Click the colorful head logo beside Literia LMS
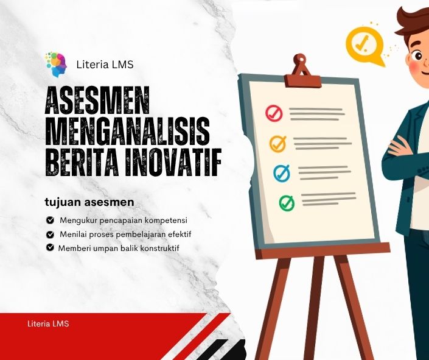point(57,65)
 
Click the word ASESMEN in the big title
point(97,101)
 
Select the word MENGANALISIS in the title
point(128,132)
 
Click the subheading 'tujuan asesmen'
point(89,202)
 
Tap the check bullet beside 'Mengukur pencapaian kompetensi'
point(50,220)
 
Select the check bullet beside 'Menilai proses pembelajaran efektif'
point(50,235)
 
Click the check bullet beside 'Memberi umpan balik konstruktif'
point(50,247)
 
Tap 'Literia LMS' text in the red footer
point(48,323)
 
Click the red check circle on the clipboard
point(274,113)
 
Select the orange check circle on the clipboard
point(277,144)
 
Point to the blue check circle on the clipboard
point(282,173)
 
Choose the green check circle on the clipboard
point(287,203)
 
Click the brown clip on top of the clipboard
point(302,71)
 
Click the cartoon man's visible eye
point(418,56)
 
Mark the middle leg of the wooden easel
point(316,308)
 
